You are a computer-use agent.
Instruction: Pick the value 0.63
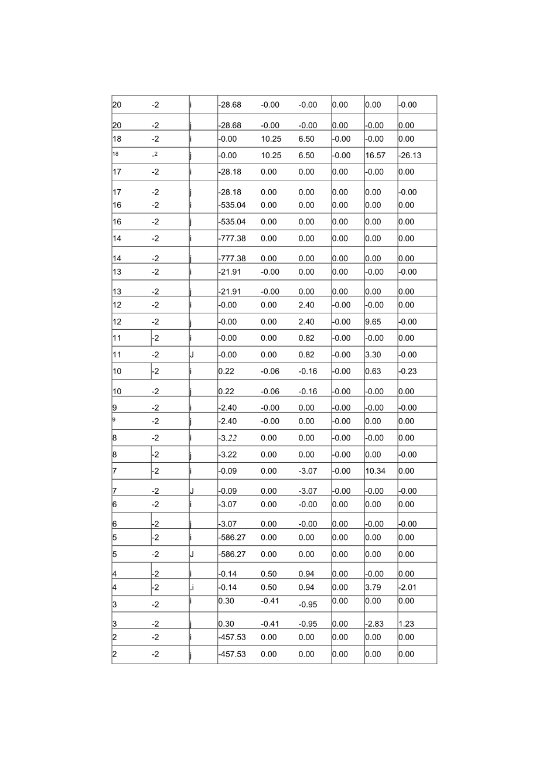pyautogui.click(x=373, y=371)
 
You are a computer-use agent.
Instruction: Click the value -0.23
pyautogui.click(x=407, y=371)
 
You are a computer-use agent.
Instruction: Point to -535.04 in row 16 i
pyautogui.click(x=231, y=205)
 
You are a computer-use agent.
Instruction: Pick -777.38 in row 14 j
pyautogui.click(x=231, y=258)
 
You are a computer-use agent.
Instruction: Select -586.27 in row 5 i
pyautogui.click(x=231, y=537)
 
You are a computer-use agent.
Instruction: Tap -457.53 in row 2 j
pyautogui.click(x=231, y=654)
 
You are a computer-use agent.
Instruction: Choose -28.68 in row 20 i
pyautogui.click(x=230, y=105)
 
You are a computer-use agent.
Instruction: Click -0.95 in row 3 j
pyautogui.click(x=308, y=624)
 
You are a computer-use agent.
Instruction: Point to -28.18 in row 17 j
pyautogui.click(x=230, y=192)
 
